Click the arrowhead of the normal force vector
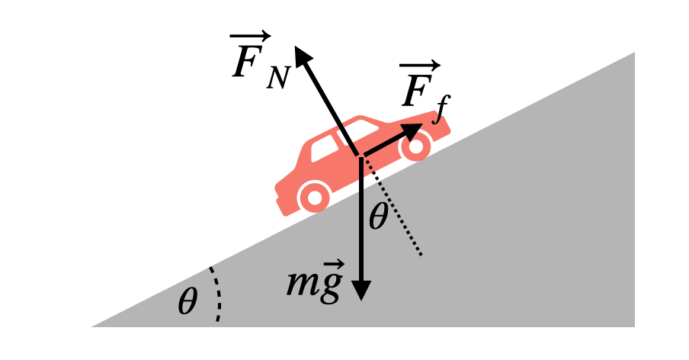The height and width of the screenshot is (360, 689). tap(303, 56)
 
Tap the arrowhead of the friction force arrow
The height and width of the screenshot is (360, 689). tap(412, 131)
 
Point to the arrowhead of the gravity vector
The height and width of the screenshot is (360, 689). tap(361, 291)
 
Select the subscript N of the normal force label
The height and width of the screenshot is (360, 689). tap(277, 78)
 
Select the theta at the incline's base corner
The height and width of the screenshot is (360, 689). tap(187, 301)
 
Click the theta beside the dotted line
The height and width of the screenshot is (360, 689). tap(378, 217)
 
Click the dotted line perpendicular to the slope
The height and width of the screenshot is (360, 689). tap(391, 206)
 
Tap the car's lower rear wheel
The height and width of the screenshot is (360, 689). tap(314, 197)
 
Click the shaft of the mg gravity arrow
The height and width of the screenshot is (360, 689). tap(361, 220)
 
